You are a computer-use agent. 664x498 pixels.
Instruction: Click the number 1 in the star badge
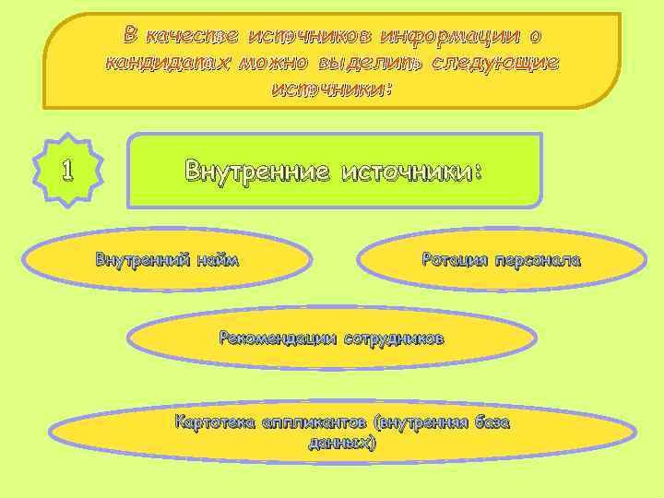(66, 171)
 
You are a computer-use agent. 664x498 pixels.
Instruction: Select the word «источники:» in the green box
(411, 171)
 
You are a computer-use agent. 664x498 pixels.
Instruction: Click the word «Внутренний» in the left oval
(142, 259)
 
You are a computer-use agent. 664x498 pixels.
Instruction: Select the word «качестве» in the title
(191, 36)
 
